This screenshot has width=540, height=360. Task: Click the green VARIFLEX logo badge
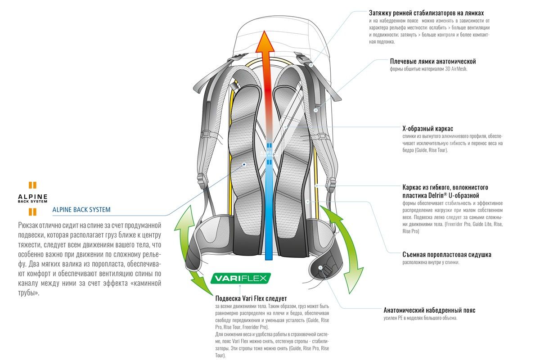tap(240, 278)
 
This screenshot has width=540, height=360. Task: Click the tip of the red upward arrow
tap(265, 31)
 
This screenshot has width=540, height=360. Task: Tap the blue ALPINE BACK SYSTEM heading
tap(81, 210)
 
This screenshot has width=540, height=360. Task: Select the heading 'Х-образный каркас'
tap(427, 129)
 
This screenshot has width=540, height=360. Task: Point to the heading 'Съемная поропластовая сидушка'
tap(447, 254)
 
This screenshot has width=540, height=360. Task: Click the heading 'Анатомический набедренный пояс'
tap(429, 310)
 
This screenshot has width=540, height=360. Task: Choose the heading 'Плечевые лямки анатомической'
tap(433, 61)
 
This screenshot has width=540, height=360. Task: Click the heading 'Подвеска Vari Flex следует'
tap(251, 298)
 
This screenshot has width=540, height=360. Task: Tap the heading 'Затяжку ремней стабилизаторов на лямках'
tap(426, 13)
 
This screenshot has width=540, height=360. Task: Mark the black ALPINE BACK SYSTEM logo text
tap(32, 198)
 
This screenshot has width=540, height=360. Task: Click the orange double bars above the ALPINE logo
tap(32, 185)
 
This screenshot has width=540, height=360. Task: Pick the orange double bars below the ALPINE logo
tap(32, 212)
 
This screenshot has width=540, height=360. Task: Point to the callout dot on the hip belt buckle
tap(320, 268)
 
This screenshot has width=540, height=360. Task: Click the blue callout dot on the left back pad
tap(244, 164)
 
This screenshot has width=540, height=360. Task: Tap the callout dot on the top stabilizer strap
tap(311, 65)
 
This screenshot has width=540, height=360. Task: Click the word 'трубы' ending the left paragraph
tap(28, 293)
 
